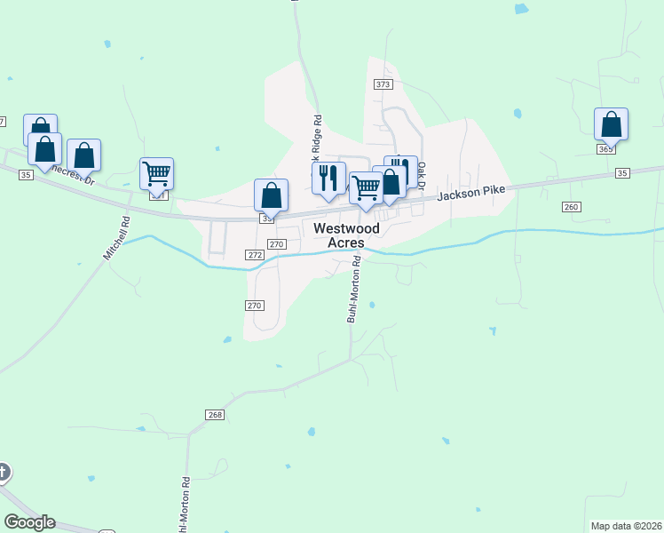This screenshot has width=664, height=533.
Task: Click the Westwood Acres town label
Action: pyautogui.click(x=346, y=235)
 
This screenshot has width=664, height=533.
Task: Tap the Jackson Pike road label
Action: pyautogui.click(x=469, y=189)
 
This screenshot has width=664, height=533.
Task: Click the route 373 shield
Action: pyautogui.click(x=383, y=84)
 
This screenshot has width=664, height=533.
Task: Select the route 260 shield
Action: pyautogui.click(x=571, y=207)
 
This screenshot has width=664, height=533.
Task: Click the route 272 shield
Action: pyautogui.click(x=256, y=255)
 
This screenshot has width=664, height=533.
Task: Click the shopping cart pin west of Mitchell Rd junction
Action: pyautogui.click(x=157, y=174)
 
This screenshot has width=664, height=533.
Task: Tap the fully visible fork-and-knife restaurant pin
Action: pyautogui.click(x=328, y=177)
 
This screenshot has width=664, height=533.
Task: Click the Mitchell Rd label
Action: pyautogui.click(x=116, y=240)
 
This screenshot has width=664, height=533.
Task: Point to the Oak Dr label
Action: pyautogui.click(x=422, y=175)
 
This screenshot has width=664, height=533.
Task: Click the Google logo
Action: pyautogui.click(x=29, y=522)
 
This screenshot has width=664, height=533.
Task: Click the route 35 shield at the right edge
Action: pyautogui.click(x=621, y=172)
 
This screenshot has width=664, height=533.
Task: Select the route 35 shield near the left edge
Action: pyautogui.click(x=25, y=176)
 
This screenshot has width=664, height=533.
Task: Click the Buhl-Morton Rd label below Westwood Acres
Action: pyautogui.click(x=353, y=290)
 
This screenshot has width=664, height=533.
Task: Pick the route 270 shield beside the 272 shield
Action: pyautogui.click(x=277, y=243)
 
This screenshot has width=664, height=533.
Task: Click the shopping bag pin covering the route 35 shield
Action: pyautogui.click(x=271, y=195)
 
